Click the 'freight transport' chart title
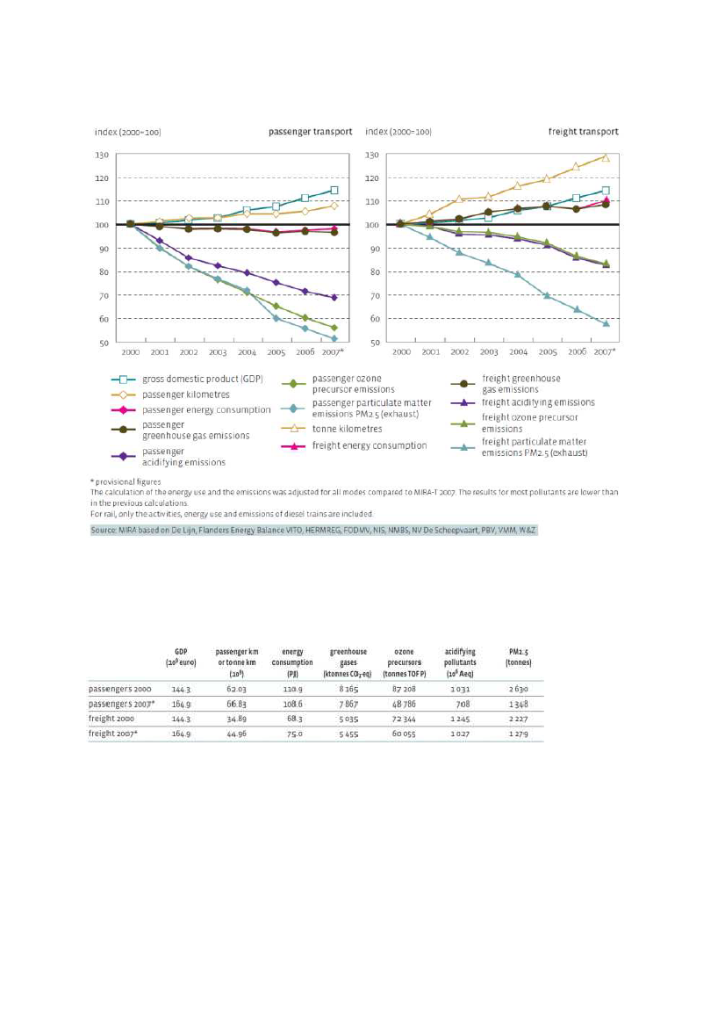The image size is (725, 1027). point(583,132)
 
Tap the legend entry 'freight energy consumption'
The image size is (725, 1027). point(370,445)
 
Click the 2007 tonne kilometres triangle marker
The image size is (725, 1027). point(605,157)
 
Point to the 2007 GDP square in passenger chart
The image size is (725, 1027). point(334,190)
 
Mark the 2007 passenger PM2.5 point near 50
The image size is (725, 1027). point(334,338)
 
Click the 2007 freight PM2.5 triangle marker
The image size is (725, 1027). point(605,323)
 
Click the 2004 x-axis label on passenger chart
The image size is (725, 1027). point(247,352)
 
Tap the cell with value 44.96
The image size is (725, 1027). point(235,733)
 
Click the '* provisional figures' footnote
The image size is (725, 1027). point(126,482)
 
